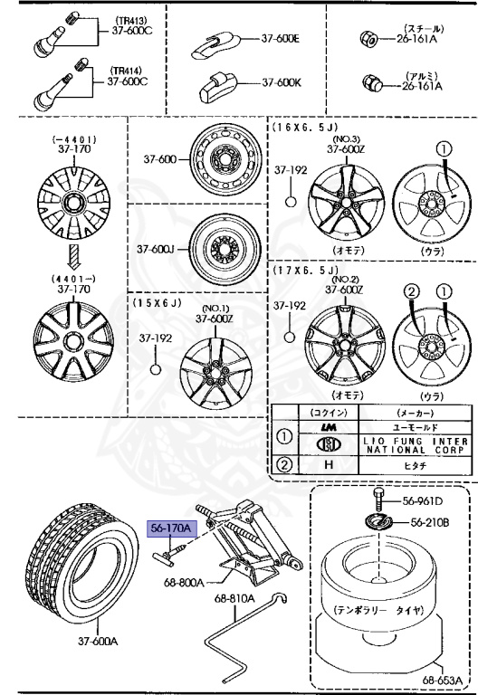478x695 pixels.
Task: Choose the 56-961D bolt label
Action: (424, 500)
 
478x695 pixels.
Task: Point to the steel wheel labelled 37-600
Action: (224, 160)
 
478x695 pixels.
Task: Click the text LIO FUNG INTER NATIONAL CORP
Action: (416, 445)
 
